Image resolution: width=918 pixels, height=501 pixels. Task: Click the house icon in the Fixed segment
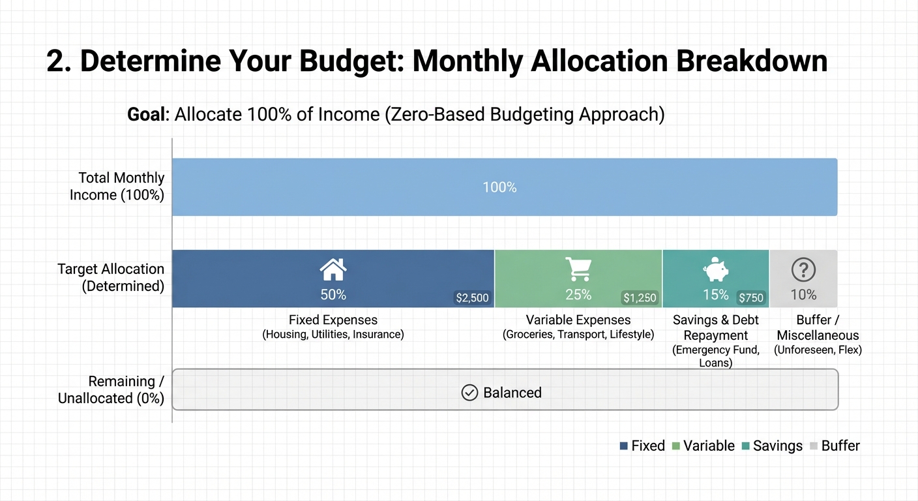[333, 268]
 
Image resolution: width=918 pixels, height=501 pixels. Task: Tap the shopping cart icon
[578, 268]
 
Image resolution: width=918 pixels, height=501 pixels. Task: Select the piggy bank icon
[716, 269]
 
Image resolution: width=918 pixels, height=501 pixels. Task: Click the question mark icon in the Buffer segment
[803, 269]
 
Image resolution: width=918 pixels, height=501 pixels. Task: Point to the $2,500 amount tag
[472, 298]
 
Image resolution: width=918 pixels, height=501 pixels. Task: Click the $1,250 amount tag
[640, 298]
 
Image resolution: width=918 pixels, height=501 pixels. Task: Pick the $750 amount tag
[750, 298]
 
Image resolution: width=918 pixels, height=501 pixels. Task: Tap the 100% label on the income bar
[499, 188]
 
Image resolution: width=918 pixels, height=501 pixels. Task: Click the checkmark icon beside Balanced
[469, 393]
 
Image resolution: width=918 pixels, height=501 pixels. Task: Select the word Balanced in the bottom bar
[512, 393]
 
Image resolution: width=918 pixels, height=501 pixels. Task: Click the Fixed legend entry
[642, 446]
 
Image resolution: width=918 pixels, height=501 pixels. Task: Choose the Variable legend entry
[703, 446]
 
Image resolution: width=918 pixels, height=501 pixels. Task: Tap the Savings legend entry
[771, 446]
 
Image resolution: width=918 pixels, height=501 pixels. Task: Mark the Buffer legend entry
[835, 446]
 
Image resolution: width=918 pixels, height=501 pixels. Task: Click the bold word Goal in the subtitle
[147, 115]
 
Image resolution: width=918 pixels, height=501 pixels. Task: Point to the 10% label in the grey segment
[803, 295]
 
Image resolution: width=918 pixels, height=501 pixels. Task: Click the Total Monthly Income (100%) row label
[117, 186]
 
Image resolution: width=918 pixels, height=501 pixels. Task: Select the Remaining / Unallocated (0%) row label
[111, 389]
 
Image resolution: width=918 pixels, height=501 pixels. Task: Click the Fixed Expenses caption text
[333, 320]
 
